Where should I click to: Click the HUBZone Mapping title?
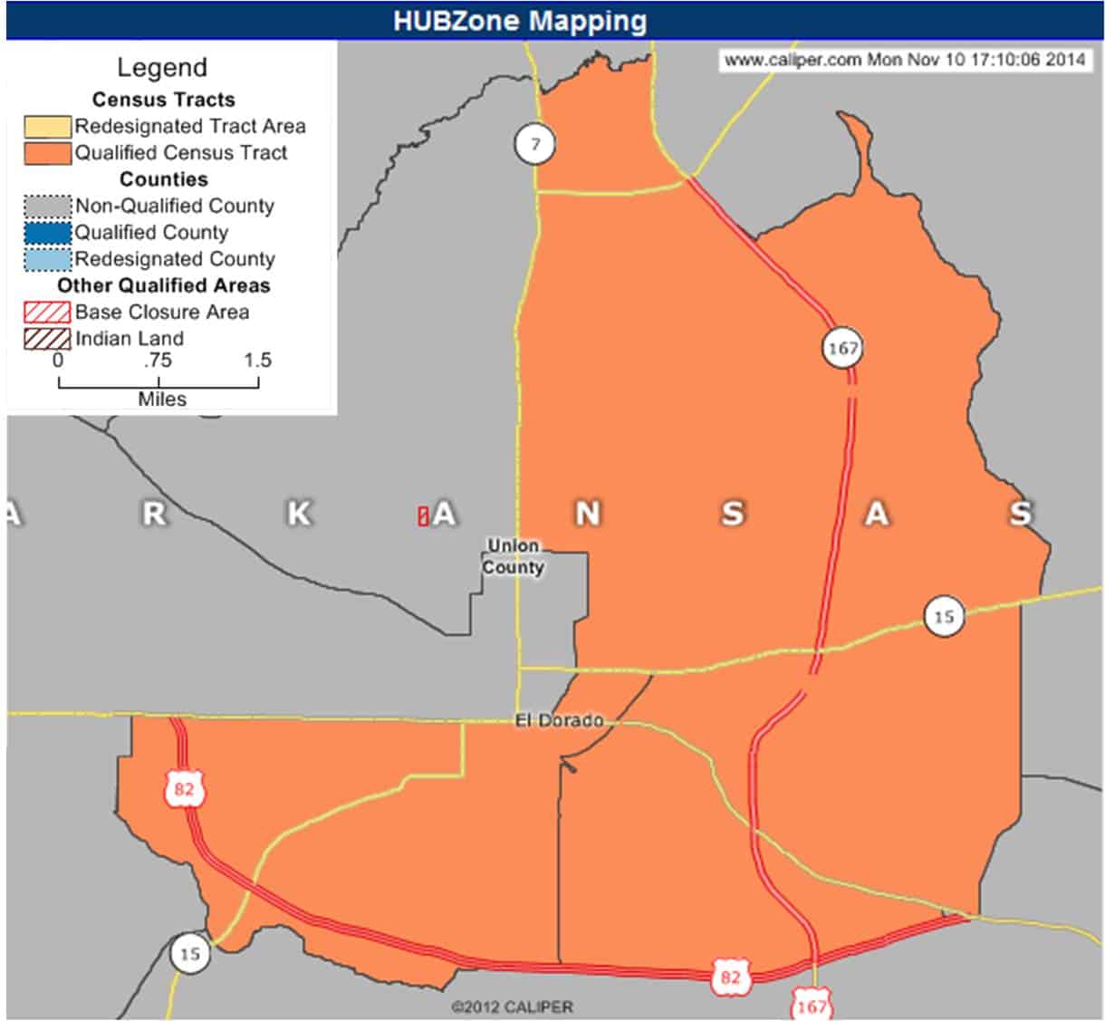click(x=520, y=21)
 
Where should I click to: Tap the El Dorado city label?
click(x=559, y=721)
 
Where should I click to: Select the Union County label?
click(x=514, y=557)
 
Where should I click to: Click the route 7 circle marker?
click(x=535, y=144)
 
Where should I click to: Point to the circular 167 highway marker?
click(x=842, y=348)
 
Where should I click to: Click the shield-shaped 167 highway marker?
click(x=812, y=1004)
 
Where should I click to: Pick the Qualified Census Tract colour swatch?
click(x=47, y=152)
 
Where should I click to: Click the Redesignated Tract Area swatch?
click(x=47, y=126)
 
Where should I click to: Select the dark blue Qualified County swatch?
click(x=47, y=232)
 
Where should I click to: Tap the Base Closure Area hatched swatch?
click(x=47, y=312)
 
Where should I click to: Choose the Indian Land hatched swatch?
click(x=47, y=339)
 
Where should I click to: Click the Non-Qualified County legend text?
click(x=174, y=206)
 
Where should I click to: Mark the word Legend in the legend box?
click(x=162, y=68)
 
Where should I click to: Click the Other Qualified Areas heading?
click(x=164, y=285)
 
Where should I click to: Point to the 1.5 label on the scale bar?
click(x=257, y=360)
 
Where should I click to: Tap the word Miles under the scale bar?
click(x=162, y=399)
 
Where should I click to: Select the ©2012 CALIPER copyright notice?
click(x=512, y=1007)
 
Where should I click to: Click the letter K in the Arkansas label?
click(x=299, y=514)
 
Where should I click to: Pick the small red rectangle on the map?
click(x=422, y=516)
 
